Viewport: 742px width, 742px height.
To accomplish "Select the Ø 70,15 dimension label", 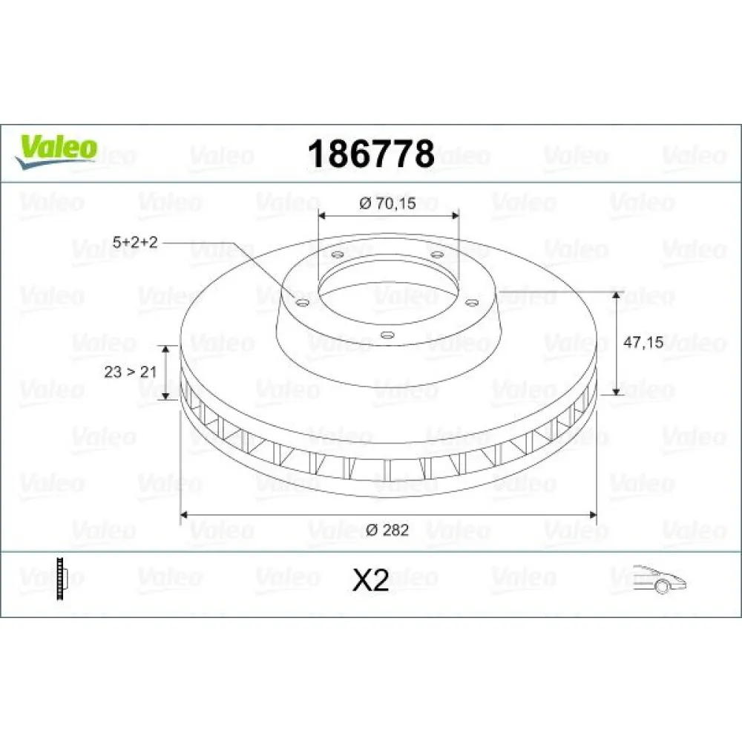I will (x=387, y=204).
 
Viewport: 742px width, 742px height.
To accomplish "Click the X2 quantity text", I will (x=370, y=580).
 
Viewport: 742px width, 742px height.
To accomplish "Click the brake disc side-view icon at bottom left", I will (x=63, y=578).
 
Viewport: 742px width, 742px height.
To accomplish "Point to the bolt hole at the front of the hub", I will (x=386, y=335).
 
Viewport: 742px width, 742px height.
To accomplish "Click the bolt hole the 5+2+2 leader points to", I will (x=301, y=302).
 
